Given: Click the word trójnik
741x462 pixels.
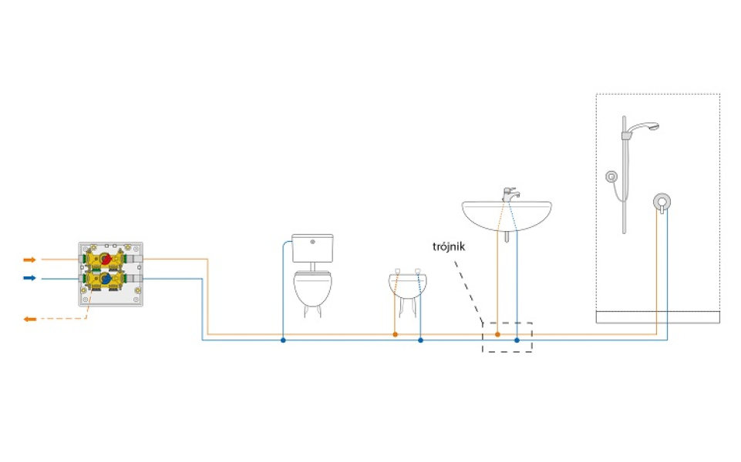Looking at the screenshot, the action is coord(449,247).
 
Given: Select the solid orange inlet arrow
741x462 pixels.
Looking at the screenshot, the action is coord(30,259).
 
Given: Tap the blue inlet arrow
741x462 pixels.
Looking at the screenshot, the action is coord(30,278).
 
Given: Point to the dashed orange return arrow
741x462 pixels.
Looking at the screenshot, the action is coord(30,319).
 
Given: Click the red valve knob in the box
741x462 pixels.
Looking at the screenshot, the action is coord(106,259).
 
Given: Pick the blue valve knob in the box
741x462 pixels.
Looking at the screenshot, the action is coord(106,279).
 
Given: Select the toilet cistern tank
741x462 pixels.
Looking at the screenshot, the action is coord(312,248).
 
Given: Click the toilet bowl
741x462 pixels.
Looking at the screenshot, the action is coord(312,288).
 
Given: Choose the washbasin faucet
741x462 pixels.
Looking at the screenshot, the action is coord(510,194).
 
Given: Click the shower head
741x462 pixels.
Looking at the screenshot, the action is coord(645,127).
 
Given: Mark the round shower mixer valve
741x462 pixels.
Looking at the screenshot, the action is coord(662,202).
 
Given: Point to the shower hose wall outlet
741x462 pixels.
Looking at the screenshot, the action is coord(611,176).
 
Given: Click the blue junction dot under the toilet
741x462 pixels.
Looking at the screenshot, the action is coord(283,340).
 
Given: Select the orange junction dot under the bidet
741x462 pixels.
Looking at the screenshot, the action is coord(395,335).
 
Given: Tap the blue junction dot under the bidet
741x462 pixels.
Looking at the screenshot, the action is coord(420,340).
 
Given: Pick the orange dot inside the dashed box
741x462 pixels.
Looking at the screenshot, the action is coord(497,335).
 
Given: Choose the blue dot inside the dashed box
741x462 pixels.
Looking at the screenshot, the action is coord(517,340).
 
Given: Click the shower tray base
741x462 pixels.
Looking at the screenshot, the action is coord(658,317).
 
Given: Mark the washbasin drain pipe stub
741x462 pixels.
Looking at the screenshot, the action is coord(507,236).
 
